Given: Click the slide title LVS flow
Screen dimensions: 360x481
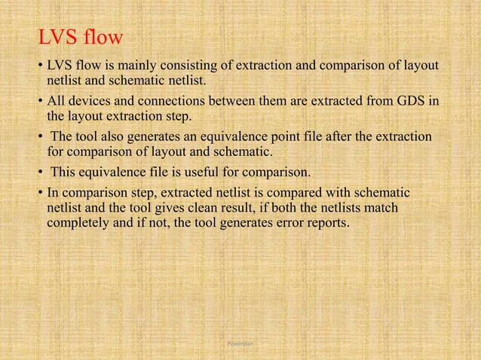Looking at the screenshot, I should (x=81, y=38).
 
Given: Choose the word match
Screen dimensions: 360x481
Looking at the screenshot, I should (x=383, y=206).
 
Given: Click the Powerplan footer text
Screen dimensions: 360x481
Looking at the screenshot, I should (x=240, y=343).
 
